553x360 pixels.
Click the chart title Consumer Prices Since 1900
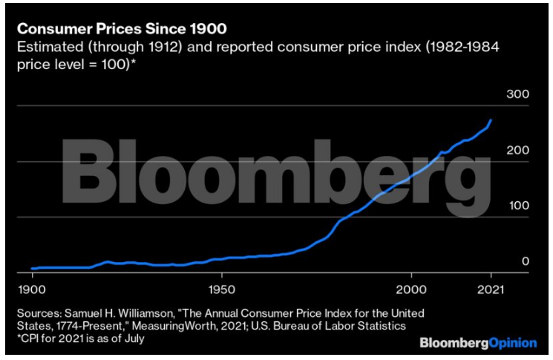tap(122, 29)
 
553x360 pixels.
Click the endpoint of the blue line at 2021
tap(491, 120)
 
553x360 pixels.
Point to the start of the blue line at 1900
tap(32, 268)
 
